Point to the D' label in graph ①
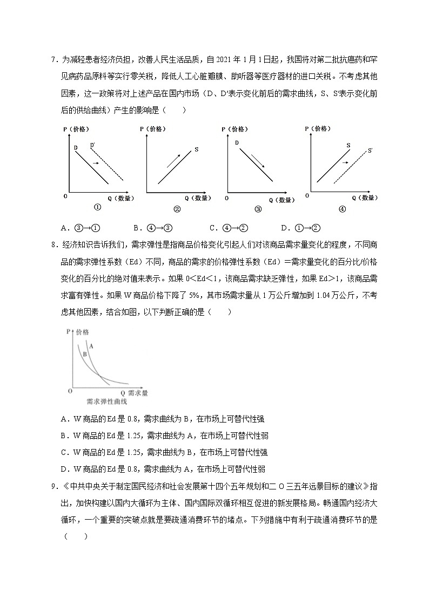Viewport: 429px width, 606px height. [93, 145]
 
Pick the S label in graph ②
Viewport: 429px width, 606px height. [196, 148]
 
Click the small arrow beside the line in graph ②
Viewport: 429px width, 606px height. [174, 160]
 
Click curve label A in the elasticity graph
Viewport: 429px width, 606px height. [91, 346]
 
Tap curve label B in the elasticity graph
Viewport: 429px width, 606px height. [85, 355]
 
